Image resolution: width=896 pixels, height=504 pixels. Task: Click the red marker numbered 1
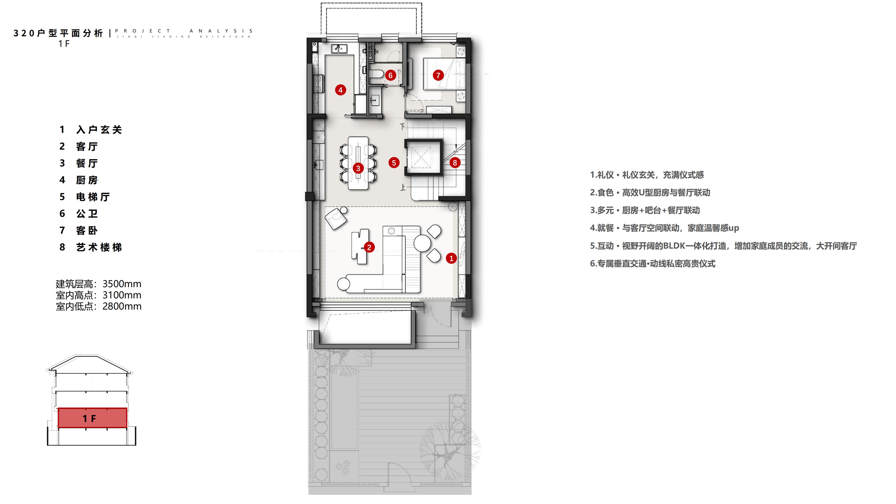[451, 258]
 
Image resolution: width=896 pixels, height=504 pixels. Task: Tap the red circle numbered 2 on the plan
[369, 247]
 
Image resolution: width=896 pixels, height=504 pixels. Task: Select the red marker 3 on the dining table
[358, 168]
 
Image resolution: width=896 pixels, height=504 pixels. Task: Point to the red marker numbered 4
[340, 90]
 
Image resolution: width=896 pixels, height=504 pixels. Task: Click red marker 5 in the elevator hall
[394, 162]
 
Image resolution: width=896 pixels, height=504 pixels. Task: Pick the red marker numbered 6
[390, 75]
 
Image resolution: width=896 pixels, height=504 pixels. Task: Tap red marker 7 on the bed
[438, 75]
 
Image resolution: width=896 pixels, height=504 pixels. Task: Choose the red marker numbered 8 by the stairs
[455, 162]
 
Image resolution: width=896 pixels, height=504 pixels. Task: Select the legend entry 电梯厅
[93, 197]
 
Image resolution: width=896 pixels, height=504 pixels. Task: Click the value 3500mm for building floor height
[122, 284]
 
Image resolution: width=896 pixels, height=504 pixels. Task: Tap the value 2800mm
[122, 306]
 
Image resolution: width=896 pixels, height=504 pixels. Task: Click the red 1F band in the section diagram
[92, 418]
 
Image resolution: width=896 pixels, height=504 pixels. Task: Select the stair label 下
[403, 126]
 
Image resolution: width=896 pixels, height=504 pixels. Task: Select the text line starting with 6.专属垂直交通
[653, 264]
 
